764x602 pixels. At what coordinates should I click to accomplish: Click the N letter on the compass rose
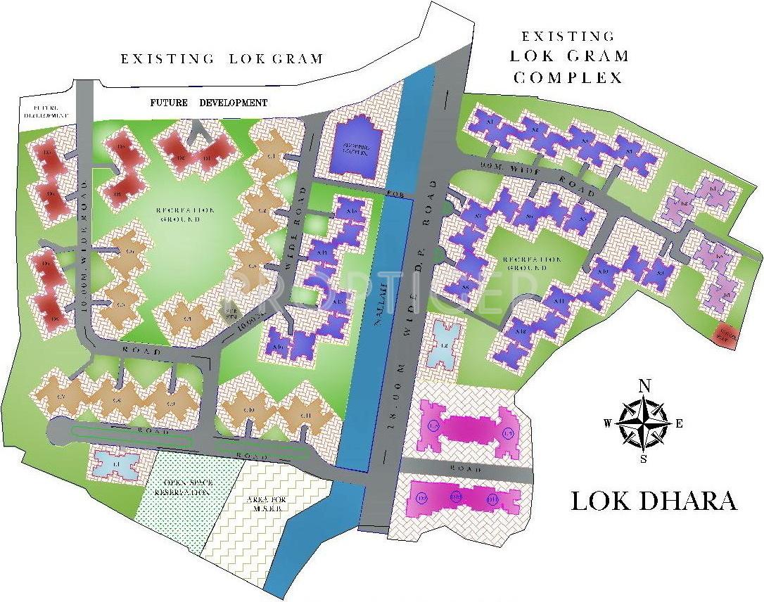(x=643, y=385)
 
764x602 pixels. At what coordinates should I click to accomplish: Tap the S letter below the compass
(x=643, y=460)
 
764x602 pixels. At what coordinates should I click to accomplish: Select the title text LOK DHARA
(x=653, y=501)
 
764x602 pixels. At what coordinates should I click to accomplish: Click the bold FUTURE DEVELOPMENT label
(x=209, y=103)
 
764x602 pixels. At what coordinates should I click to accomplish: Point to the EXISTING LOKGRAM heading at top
(x=222, y=59)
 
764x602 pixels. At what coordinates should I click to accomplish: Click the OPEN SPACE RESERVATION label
(x=187, y=487)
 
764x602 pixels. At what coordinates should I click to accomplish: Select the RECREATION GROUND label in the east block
(x=532, y=264)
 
